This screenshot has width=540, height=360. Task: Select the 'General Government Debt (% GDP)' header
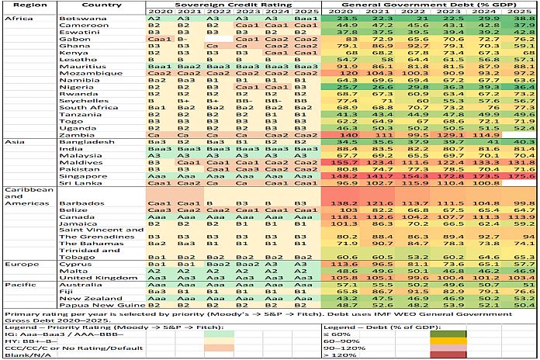coord(423,5)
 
